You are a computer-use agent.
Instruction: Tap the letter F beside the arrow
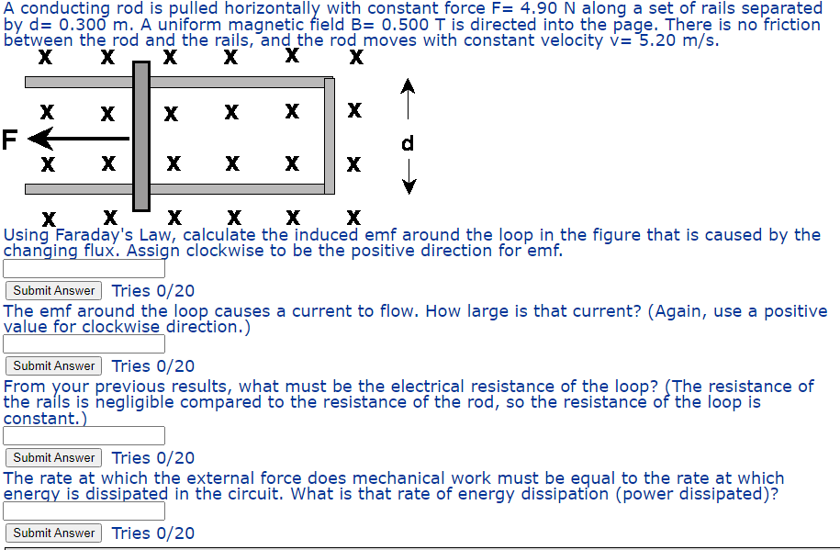tap(10, 140)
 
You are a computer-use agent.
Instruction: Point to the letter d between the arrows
tap(409, 143)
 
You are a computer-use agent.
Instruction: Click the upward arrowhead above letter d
tap(409, 87)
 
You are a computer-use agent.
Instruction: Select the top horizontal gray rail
tap(230, 83)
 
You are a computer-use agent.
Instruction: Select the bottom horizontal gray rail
tap(230, 189)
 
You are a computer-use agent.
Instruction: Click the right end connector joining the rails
tap(330, 136)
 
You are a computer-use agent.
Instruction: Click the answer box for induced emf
tap(84, 269)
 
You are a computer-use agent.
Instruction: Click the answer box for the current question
tap(84, 344)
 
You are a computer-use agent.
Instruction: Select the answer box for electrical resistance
tap(84, 436)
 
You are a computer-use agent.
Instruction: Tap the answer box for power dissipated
tap(84, 511)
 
